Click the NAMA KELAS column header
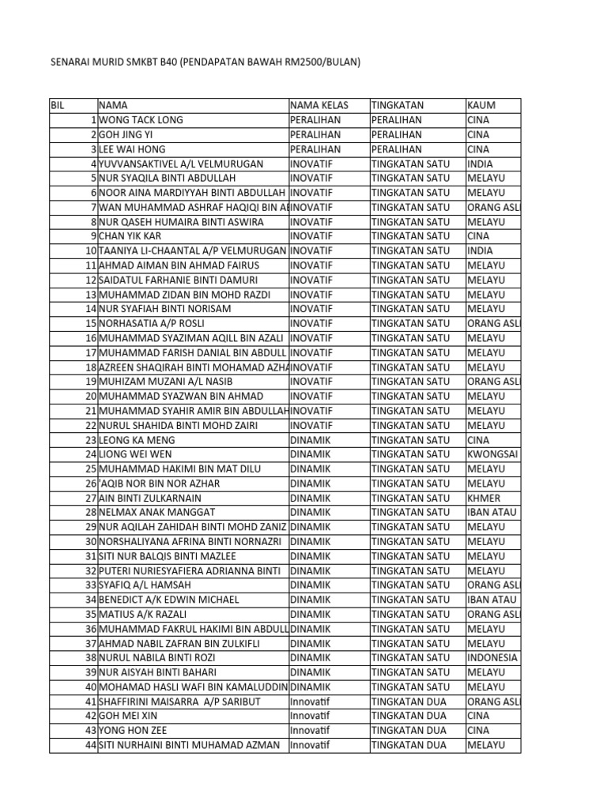coord(319,105)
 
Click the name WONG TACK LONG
coord(141,120)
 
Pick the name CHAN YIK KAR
coord(131,236)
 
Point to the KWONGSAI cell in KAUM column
coord(492,454)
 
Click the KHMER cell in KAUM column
coord(483,498)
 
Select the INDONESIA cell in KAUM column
coord(492,657)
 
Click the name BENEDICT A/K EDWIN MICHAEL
coord(168,600)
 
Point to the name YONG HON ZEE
coord(133,730)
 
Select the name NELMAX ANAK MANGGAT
coord(156,513)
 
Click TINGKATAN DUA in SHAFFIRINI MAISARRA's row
coord(409,702)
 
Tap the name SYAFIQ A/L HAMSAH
coord(145,585)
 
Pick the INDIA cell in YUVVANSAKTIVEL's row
coord(480,164)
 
